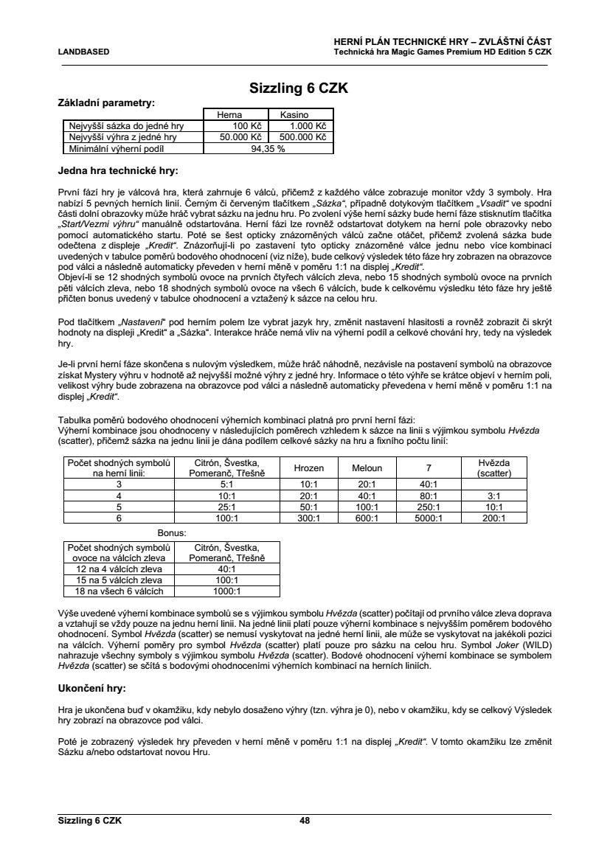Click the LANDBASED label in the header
[83, 52]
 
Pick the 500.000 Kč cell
[301, 136]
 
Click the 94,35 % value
[268, 147]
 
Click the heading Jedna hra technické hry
[118, 171]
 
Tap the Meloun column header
[367, 468]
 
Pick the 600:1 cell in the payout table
[367, 518]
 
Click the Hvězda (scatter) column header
[493, 468]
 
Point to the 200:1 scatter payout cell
[493, 518]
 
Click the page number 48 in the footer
[305, 820]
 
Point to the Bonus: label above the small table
[172, 531]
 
